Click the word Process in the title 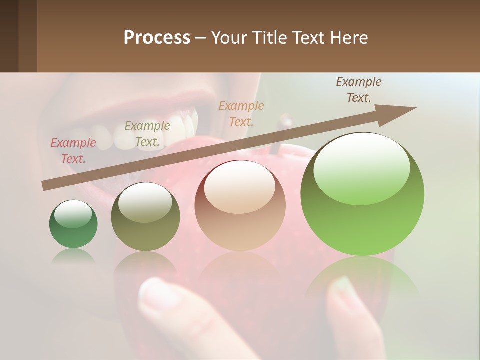tap(157, 38)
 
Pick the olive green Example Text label tap(147, 134)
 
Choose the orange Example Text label tap(241, 113)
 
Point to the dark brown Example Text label tap(359, 90)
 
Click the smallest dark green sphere tap(73, 224)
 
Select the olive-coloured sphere tap(145, 217)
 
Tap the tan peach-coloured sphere tap(240, 206)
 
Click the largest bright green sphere tap(362, 195)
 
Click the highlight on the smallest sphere tap(73, 213)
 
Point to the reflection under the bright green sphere tap(362, 280)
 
